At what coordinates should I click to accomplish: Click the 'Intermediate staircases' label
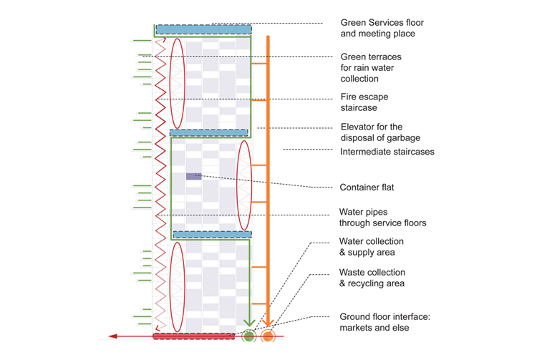(387, 152)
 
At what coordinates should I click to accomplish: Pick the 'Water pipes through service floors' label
(382, 218)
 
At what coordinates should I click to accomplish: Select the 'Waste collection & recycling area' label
(372, 278)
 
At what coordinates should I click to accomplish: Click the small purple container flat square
(193, 176)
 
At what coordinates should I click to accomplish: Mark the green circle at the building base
(249, 335)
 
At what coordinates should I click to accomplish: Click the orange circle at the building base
(268, 335)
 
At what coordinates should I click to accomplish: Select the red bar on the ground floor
(194, 336)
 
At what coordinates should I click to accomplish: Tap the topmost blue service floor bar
(203, 29)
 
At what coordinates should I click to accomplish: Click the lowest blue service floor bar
(212, 234)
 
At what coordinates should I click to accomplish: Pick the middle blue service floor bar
(209, 133)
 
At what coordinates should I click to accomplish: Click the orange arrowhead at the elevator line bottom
(268, 321)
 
